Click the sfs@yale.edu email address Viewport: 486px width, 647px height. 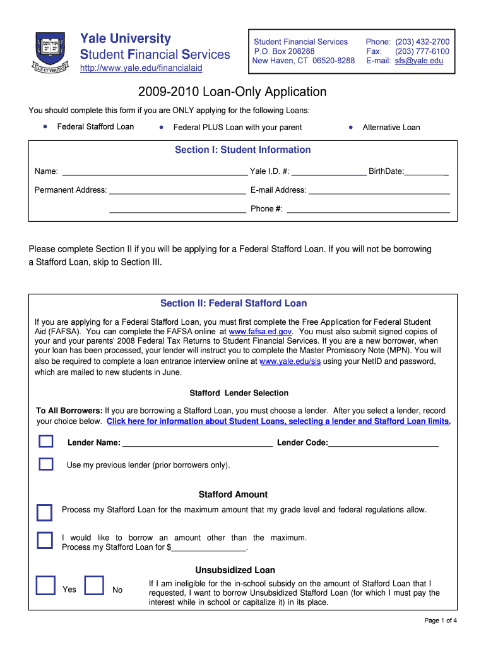coord(419,61)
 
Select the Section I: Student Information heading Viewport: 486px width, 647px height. coord(242,150)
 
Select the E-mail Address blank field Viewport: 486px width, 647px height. coord(379,190)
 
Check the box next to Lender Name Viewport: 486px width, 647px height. coord(46,442)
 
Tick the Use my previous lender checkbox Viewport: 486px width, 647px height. coord(46,464)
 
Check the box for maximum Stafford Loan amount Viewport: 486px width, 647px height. coord(44,512)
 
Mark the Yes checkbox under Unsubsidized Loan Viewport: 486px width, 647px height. coord(45,586)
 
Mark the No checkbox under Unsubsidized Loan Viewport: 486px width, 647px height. coord(94,586)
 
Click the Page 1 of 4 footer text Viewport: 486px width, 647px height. coord(440,620)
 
